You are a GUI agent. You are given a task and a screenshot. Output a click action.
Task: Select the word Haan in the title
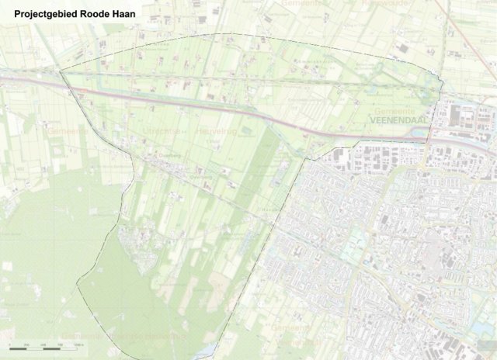click(x=127, y=13)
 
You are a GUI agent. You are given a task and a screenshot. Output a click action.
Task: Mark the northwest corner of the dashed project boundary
click(x=60, y=70)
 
